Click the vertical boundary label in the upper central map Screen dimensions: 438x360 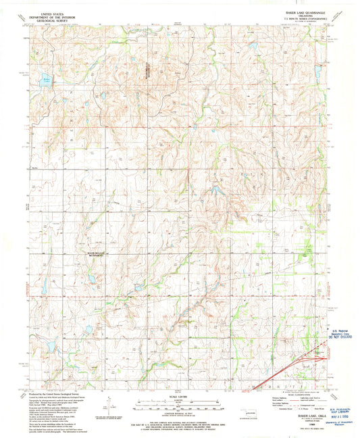pyautogui.click(x=147, y=70)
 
